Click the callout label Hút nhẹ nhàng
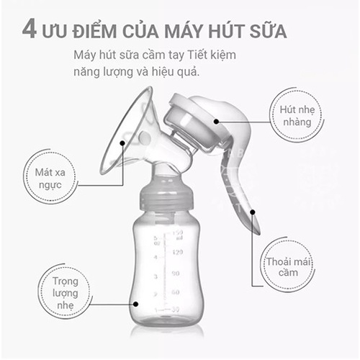tap(297, 116)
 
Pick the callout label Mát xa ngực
tap(50, 179)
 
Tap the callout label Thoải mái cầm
tap(288, 267)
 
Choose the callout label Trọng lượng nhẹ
tap(66, 293)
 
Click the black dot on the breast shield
tap(122, 143)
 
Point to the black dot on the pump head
tap(216, 122)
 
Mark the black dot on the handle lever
tap(253, 212)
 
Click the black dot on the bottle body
tap(135, 304)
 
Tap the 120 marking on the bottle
tap(178, 252)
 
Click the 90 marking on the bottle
tap(176, 274)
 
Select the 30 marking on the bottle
tap(176, 310)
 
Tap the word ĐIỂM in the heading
tap(94, 30)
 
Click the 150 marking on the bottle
tap(178, 233)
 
